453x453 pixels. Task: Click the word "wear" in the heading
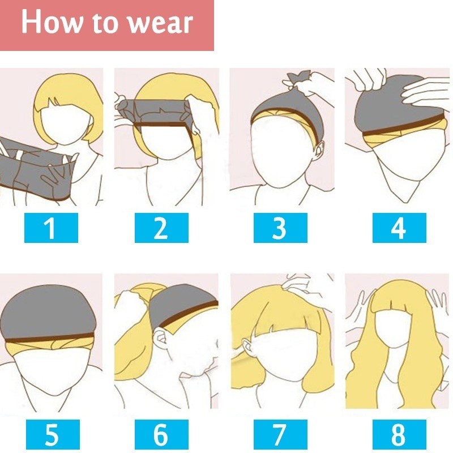(x=160, y=23)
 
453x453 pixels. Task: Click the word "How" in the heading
(x=52, y=21)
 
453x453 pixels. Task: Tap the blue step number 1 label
(x=51, y=228)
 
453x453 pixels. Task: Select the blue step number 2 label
(x=161, y=228)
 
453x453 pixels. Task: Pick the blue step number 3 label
(x=280, y=228)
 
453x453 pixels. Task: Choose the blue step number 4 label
(x=399, y=228)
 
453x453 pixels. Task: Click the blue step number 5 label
(x=53, y=434)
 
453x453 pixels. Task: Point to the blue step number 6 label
(x=161, y=434)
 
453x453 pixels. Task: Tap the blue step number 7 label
(x=280, y=434)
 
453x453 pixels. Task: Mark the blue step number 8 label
(x=399, y=434)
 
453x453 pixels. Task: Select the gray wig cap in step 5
(x=48, y=313)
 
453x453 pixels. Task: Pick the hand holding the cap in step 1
(x=58, y=173)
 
